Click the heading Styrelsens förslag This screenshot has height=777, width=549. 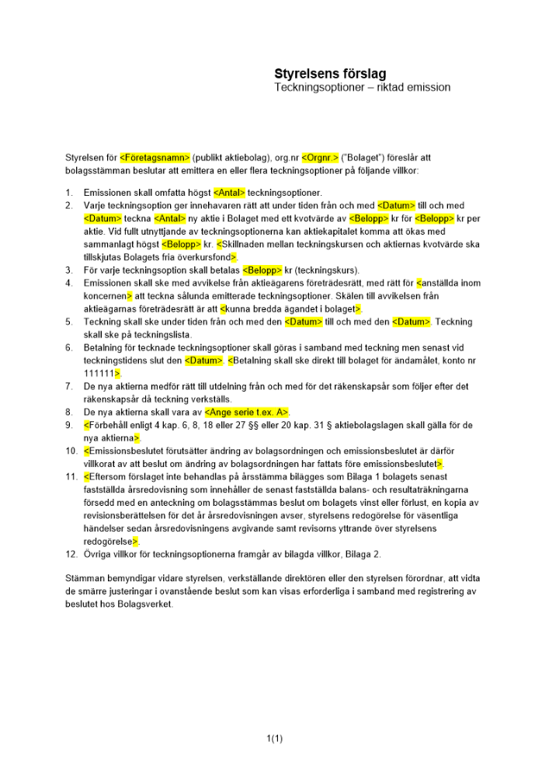pos(329,74)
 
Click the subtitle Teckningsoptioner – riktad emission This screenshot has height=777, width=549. pos(362,88)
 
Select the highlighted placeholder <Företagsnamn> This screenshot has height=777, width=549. pos(155,157)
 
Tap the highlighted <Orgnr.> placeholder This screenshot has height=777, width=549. pos(320,157)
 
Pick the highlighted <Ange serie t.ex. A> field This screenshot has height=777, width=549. pos(241,413)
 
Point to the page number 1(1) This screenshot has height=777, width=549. pos(274,738)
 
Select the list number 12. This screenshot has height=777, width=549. pos(71,554)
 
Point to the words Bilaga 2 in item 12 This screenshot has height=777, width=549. pos(362,554)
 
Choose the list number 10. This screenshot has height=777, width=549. pos(71,451)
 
